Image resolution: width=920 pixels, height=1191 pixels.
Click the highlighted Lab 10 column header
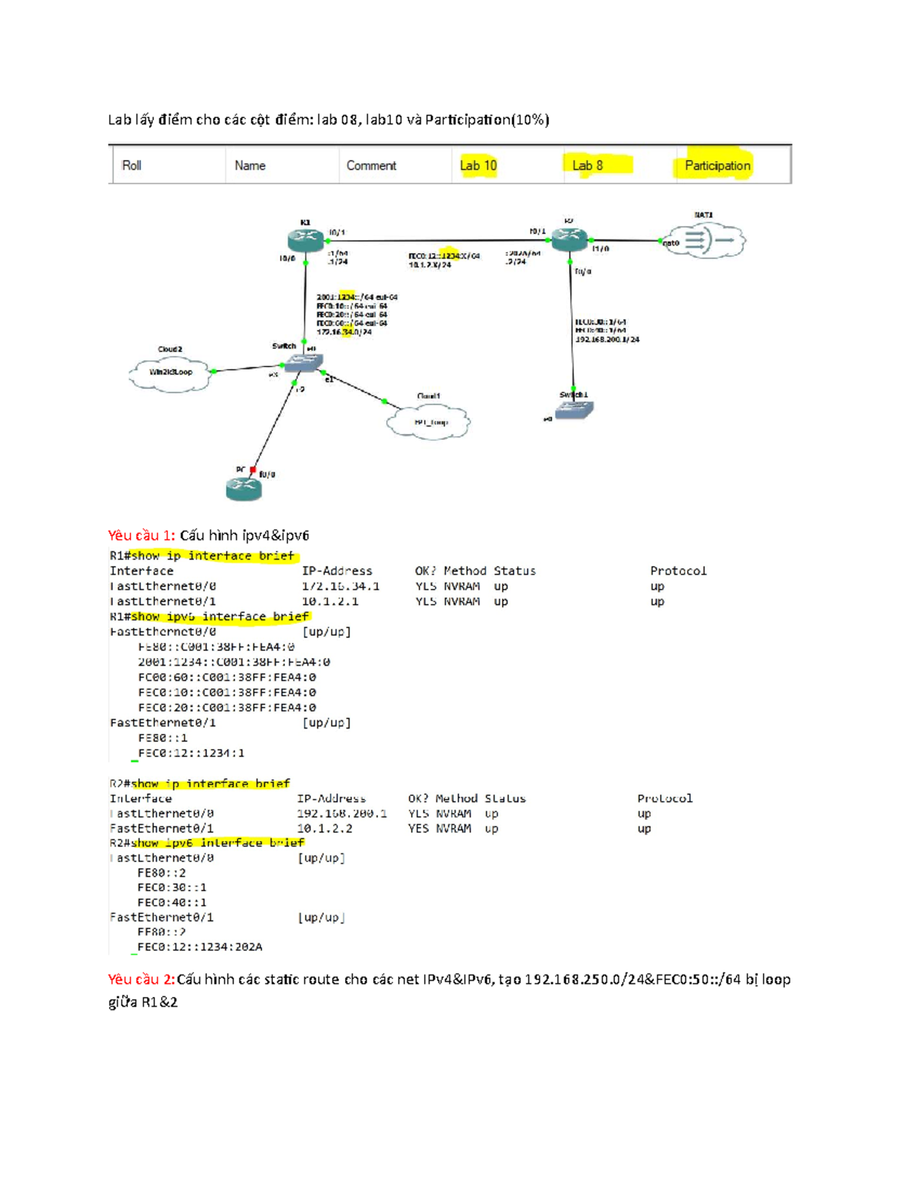tap(478, 166)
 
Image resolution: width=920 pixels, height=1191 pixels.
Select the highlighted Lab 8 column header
tap(588, 166)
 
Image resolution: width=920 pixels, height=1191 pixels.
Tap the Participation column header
tap(717, 166)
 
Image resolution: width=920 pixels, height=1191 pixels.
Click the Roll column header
tap(132, 166)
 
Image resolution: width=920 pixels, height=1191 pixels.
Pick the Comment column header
tap(371, 166)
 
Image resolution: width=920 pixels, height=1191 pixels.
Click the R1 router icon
tap(305, 240)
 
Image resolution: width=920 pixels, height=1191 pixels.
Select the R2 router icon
tap(570, 239)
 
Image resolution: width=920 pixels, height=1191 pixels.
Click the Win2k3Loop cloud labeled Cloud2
tap(171, 373)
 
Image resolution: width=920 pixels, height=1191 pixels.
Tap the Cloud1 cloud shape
tap(429, 422)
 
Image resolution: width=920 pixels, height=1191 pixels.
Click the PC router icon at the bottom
tap(244, 489)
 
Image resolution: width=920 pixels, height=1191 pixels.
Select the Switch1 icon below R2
tap(573, 410)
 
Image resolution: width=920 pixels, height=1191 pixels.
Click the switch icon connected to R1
tap(304, 363)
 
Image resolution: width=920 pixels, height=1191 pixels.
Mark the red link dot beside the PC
tap(253, 470)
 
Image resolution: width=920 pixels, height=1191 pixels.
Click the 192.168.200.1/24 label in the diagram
tap(607, 339)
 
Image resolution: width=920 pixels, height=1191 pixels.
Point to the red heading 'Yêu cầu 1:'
tap(142, 535)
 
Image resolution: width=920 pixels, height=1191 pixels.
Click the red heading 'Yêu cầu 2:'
tap(142, 979)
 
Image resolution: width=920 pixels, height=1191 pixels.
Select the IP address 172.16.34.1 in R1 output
tap(340, 587)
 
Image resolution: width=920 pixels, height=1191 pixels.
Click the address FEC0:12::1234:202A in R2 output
tap(200, 947)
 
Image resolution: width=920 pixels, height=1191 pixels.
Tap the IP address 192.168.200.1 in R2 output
tap(342, 814)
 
